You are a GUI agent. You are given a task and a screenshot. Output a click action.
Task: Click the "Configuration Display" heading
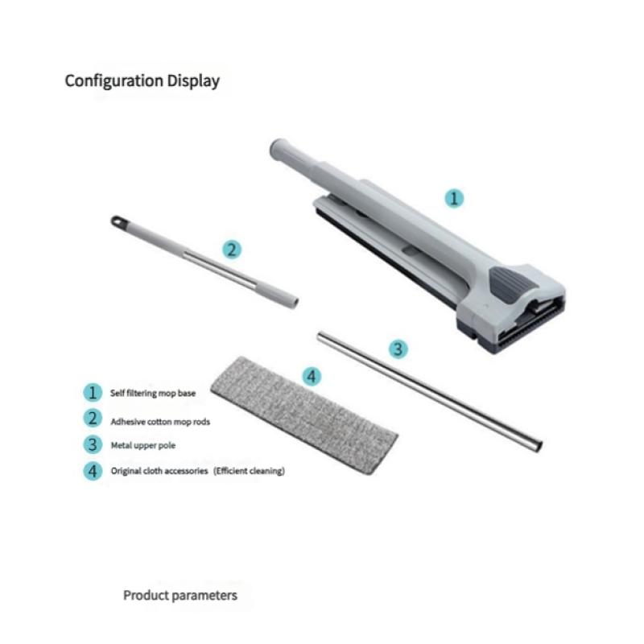(142, 81)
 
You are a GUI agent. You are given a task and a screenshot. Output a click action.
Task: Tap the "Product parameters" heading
(180, 596)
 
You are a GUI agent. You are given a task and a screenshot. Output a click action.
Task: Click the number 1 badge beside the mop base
(454, 198)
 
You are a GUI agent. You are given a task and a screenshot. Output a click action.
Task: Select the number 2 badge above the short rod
(232, 250)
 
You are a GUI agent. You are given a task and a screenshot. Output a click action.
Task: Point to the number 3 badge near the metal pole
(398, 349)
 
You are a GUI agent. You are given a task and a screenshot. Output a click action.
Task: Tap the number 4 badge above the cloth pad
(312, 376)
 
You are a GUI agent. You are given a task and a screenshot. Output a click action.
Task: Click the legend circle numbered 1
(93, 393)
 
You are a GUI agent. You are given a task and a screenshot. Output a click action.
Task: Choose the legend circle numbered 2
(93, 419)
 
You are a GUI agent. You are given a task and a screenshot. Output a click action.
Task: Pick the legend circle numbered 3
(93, 445)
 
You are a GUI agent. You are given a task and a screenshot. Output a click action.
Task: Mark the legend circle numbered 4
(93, 471)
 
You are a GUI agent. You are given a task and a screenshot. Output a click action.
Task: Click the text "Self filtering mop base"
(153, 393)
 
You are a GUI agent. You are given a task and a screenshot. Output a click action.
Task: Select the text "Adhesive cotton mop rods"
(160, 422)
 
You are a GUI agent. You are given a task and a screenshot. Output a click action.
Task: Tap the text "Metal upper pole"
(143, 446)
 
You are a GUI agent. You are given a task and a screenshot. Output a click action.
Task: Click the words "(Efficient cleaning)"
(249, 471)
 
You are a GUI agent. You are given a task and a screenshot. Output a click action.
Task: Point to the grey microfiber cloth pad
(304, 415)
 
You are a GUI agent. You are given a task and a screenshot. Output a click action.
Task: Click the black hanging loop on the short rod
(118, 221)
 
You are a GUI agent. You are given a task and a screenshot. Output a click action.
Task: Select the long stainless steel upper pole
(430, 392)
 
